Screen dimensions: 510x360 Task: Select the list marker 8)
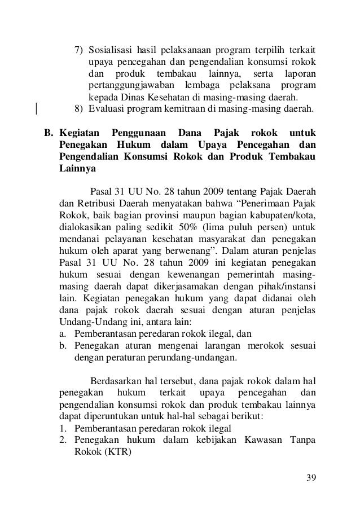pos(79,109)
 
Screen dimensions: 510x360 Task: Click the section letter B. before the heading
pos(49,133)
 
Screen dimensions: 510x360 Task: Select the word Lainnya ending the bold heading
pos(78,169)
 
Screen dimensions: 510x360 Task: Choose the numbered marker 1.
pos(63,428)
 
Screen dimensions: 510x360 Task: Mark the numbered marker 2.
pos(63,440)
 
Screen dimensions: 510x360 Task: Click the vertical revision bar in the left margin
pos(36,106)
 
